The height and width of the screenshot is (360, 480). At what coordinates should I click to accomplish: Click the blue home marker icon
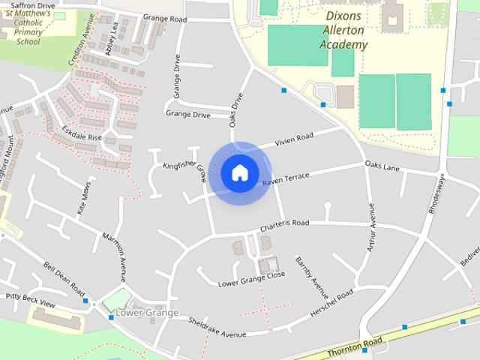tap(239, 173)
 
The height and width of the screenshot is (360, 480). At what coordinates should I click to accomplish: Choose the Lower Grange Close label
tap(251, 279)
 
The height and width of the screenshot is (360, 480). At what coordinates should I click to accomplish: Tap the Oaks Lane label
tap(382, 166)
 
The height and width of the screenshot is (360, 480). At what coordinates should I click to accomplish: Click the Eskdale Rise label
tap(82, 137)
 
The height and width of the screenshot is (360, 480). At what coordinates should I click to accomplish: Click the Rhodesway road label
tap(437, 196)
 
